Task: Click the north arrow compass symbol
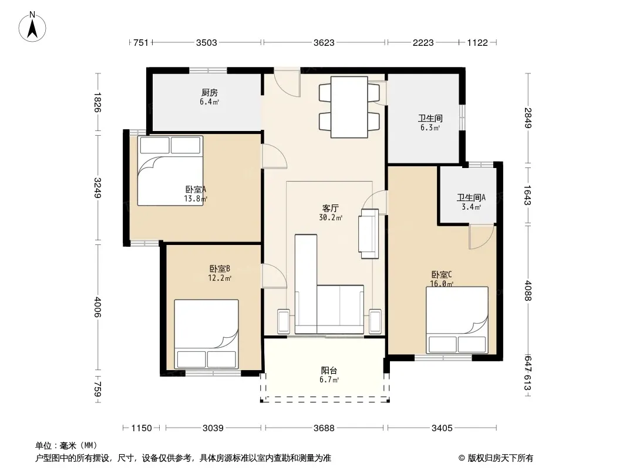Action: click(32, 27)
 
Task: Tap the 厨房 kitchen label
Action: click(210, 93)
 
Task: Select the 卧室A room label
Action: click(196, 189)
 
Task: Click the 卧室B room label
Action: click(220, 268)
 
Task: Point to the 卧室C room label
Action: click(442, 275)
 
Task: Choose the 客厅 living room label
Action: click(331, 209)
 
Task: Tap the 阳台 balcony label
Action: click(329, 371)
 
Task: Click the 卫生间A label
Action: click(471, 197)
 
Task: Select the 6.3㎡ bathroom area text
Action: click(430, 128)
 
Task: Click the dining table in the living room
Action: click(349, 107)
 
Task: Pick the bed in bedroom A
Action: click(170, 170)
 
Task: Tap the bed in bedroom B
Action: click(206, 334)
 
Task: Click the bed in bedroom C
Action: click(457, 320)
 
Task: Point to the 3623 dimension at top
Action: click(324, 43)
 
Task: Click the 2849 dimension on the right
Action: click(528, 118)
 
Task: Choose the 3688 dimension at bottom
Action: click(324, 428)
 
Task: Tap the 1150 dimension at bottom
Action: click(142, 428)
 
